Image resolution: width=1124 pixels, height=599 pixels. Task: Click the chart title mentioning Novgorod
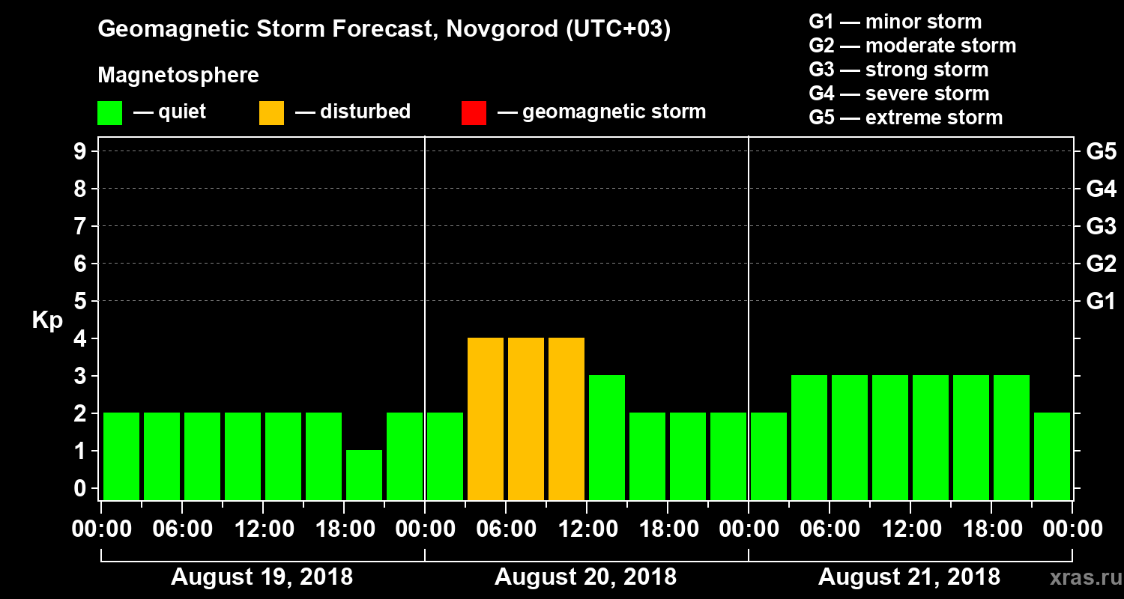point(384,30)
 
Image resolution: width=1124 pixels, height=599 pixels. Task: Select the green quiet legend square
point(109,113)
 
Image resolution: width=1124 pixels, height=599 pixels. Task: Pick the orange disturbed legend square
point(271,113)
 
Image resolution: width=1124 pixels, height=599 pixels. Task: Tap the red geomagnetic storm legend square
point(474,113)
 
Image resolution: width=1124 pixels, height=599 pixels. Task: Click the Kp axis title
point(47,320)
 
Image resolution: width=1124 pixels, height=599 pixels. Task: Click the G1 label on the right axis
point(1101,302)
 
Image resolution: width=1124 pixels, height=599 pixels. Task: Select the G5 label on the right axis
point(1101,152)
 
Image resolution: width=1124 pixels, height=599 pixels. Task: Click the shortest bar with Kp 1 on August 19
point(364,475)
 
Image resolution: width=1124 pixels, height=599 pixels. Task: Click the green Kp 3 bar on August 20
point(607,437)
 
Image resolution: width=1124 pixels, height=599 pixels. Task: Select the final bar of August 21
point(1052,456)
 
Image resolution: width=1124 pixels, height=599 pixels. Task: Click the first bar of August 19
point(121,456)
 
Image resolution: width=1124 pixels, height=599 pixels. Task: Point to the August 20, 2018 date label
point(585,577)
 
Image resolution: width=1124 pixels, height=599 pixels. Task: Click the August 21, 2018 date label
point(909,577)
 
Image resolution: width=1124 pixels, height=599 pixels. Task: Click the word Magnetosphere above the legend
point(178,76)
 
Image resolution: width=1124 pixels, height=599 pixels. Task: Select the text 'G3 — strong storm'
point(898,70)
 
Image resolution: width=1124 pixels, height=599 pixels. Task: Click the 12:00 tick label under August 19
point(263,529)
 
